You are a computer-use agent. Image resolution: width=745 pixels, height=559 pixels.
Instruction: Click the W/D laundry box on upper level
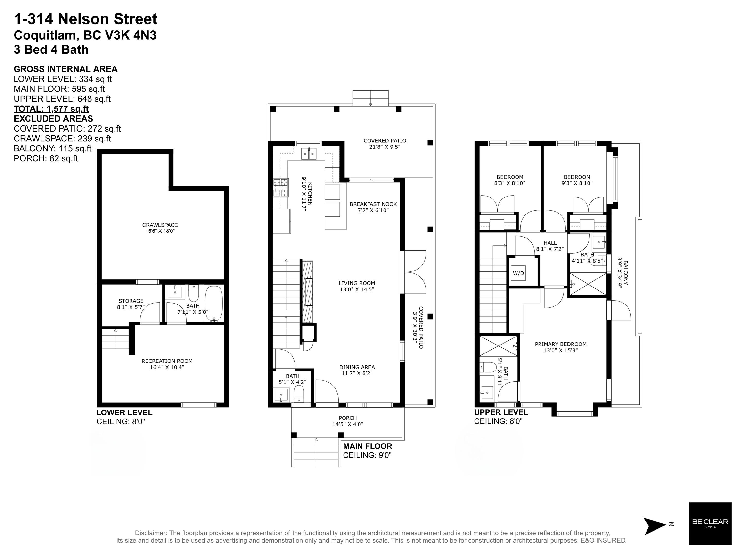518,273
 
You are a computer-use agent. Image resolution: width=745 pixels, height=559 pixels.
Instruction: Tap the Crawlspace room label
160,225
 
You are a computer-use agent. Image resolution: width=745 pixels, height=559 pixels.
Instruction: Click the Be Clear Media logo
710,524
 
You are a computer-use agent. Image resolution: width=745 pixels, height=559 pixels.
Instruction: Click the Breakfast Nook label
373,204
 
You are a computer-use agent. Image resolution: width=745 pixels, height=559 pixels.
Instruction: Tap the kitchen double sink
309,154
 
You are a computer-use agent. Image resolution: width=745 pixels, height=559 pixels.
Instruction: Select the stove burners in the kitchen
280,188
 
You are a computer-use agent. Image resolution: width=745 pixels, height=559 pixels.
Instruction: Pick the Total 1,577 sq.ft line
51,109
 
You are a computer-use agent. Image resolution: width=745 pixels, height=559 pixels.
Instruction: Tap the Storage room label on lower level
131,301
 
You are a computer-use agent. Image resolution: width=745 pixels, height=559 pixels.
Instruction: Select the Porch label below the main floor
348,418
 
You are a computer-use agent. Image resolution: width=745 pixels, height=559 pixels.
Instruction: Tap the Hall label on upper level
550,243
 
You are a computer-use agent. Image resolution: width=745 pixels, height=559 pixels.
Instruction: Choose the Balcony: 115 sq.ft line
53,148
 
